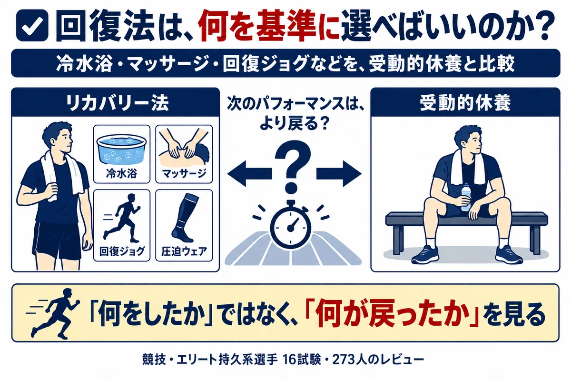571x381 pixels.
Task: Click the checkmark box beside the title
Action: pyautogui.click(x=32, y=25)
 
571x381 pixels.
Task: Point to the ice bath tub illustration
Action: pyautogui.click(x=122, y=149)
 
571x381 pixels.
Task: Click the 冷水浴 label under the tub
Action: pyautogui.click(x=122, y=174)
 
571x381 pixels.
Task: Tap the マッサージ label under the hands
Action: pyautogui.click(x=184, y=174)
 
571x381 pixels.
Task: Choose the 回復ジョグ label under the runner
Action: pyautogui.click(x=122, y=251)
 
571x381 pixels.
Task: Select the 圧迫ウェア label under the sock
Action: pyautogui.click(x=184, y=251)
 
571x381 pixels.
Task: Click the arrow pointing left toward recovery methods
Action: pyautogui.click(x=249, y=173)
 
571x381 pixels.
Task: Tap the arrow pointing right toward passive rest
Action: pyautogui.click(x=339, y=173)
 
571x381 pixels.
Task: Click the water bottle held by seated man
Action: pyautogui.click(x=466, y=197)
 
